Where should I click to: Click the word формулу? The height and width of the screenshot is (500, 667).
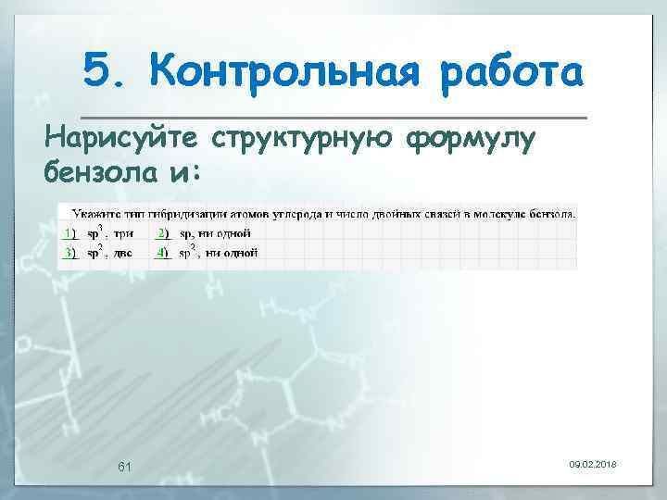[x=472, y=141]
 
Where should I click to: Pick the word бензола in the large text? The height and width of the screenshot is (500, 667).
[x=104, y=172]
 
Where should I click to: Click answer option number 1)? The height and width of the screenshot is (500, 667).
[x=69, y=233]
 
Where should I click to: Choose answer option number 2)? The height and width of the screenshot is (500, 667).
[x=162, y=233]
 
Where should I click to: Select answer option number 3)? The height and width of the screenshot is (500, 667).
[x=69, y=253]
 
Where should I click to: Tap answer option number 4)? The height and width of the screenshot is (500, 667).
[x=162, y=253]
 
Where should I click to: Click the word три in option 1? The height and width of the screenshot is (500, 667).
[x=123, y=234]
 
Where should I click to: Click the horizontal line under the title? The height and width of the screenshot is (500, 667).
[x=333, y=118]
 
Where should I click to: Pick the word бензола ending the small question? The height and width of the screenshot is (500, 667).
[x=551, y=214]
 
